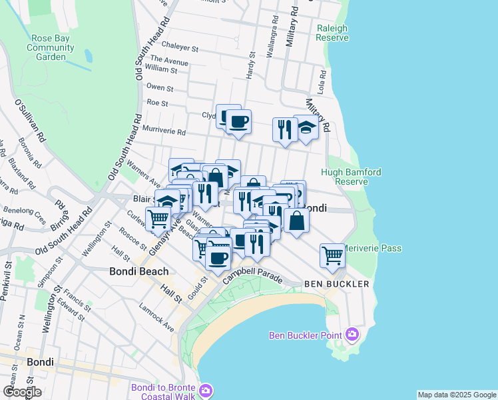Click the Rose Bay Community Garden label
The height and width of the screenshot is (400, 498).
point(51,47)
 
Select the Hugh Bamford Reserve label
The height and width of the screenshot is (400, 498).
point(352,177)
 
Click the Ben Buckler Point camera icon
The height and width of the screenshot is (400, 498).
point(352,335)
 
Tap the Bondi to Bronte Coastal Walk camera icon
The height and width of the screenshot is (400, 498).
point(206,389)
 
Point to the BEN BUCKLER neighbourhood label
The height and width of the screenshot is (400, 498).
point(336,284)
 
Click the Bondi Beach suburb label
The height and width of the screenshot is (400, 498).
point(138,271)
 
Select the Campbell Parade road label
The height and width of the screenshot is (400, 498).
point(254,271)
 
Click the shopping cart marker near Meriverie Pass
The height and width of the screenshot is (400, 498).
point(332,255)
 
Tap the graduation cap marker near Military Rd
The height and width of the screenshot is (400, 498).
point(306,127)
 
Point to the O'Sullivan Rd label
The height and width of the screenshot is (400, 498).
point(30,122)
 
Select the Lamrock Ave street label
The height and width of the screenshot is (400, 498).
point(156,318)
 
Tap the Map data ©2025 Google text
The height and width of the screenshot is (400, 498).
point(457,395)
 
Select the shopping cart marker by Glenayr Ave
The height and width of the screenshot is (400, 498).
point(158,218)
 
